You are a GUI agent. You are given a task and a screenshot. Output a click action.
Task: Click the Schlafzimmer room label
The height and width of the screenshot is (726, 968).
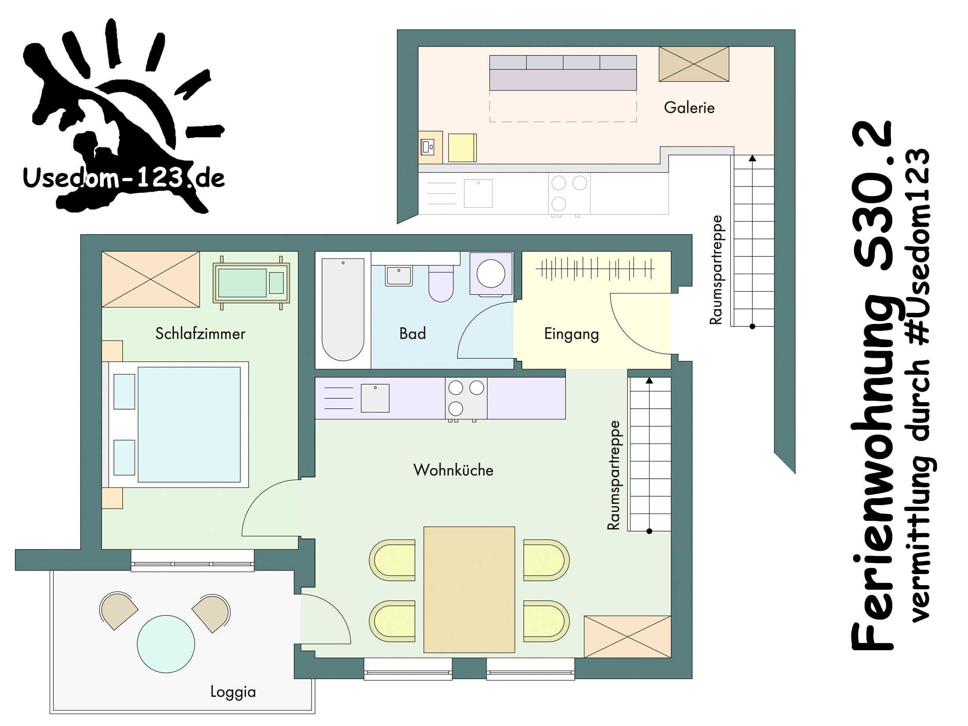200,334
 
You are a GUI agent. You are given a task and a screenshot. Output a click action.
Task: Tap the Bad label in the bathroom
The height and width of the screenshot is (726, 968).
413,334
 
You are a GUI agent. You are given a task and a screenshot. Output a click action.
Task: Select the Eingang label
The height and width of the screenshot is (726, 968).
572,334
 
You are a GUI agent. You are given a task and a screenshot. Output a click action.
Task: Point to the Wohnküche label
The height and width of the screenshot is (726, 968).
453,470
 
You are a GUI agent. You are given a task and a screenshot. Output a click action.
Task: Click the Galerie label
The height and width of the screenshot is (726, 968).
689,107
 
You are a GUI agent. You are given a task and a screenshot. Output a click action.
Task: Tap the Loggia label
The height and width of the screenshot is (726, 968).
233,692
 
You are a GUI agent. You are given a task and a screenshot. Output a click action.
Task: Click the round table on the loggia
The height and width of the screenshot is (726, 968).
166,644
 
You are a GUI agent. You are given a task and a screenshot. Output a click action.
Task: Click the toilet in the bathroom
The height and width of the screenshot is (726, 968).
441,283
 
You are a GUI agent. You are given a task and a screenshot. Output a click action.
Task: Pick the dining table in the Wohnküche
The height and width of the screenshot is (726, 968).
469,590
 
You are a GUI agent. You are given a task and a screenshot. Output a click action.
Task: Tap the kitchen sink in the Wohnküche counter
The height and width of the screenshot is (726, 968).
375,398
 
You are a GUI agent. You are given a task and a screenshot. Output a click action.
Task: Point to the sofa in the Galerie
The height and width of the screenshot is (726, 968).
563,73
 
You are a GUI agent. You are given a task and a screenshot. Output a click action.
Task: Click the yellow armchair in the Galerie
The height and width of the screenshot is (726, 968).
462,148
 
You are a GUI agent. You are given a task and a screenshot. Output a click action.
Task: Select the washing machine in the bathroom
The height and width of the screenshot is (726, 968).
491,273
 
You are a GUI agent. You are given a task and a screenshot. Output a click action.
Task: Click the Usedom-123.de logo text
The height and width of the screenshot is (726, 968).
124,178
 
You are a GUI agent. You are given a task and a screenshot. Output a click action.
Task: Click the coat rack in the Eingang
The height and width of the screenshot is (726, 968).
595,269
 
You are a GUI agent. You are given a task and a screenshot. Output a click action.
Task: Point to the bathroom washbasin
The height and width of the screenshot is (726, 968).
399,276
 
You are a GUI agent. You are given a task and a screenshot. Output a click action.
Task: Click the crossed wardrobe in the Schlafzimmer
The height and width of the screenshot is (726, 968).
150,279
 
